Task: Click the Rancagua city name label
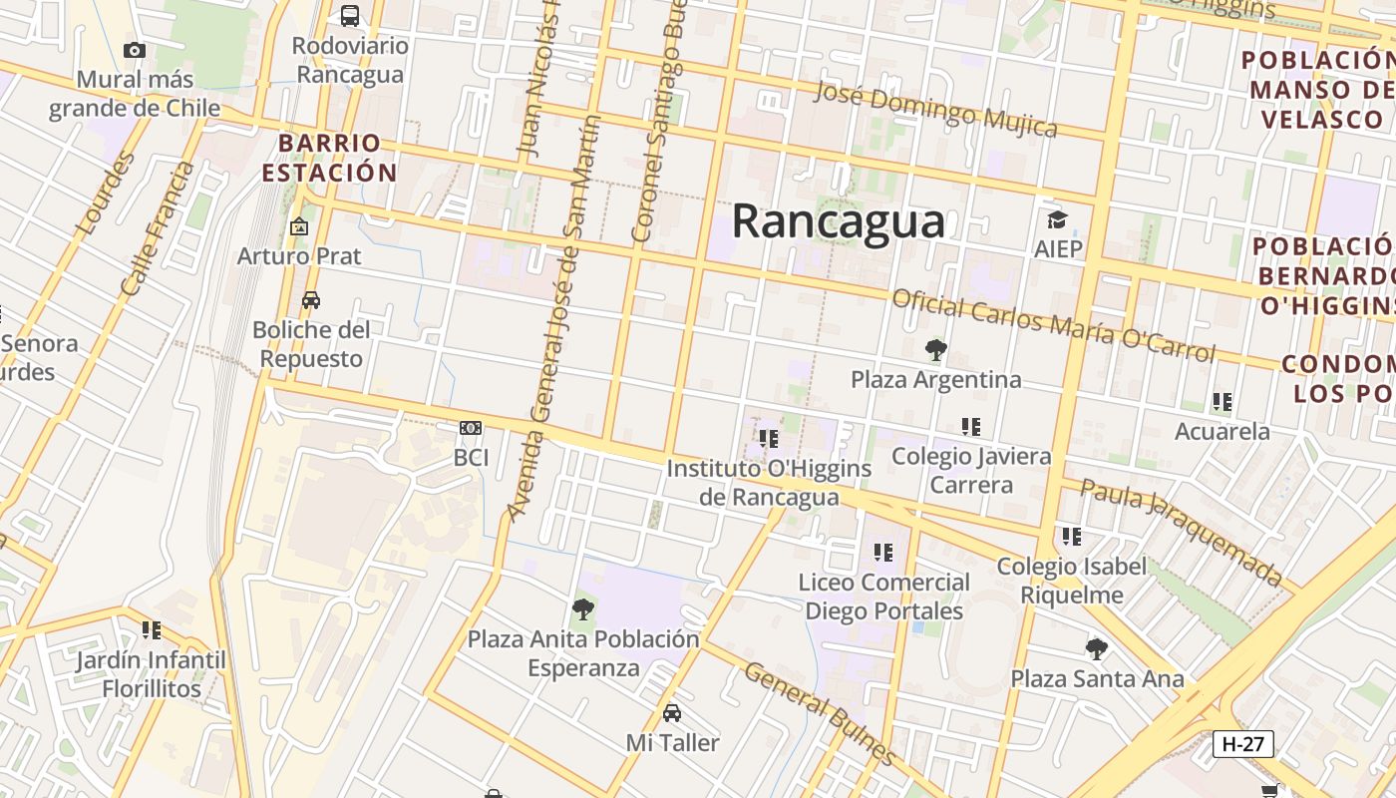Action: [838, 220]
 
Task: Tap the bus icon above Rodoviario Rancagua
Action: [350, 16]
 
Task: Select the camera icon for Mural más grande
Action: [135, 50]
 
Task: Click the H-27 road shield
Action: [1242, 743]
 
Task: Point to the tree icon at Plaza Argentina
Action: [935, 350]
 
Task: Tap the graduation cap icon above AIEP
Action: [1057, 219]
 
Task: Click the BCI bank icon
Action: [471, 428]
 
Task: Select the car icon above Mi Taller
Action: [672, 713]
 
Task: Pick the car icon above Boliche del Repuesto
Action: [311, 300]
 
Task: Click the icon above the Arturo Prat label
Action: [298, 226]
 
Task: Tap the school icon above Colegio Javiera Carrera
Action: [971, 427]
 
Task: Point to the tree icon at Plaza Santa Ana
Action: [1097, 649]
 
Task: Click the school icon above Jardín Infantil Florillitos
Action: [152, 630]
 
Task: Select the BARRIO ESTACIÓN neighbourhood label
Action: [329, 158]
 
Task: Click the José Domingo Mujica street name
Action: [935, 110]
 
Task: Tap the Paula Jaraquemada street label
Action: [1182, 533]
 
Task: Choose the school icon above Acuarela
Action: [1222, 402]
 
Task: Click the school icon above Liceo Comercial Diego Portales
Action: [883, 552]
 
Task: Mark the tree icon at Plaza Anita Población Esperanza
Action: [583, 608]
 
